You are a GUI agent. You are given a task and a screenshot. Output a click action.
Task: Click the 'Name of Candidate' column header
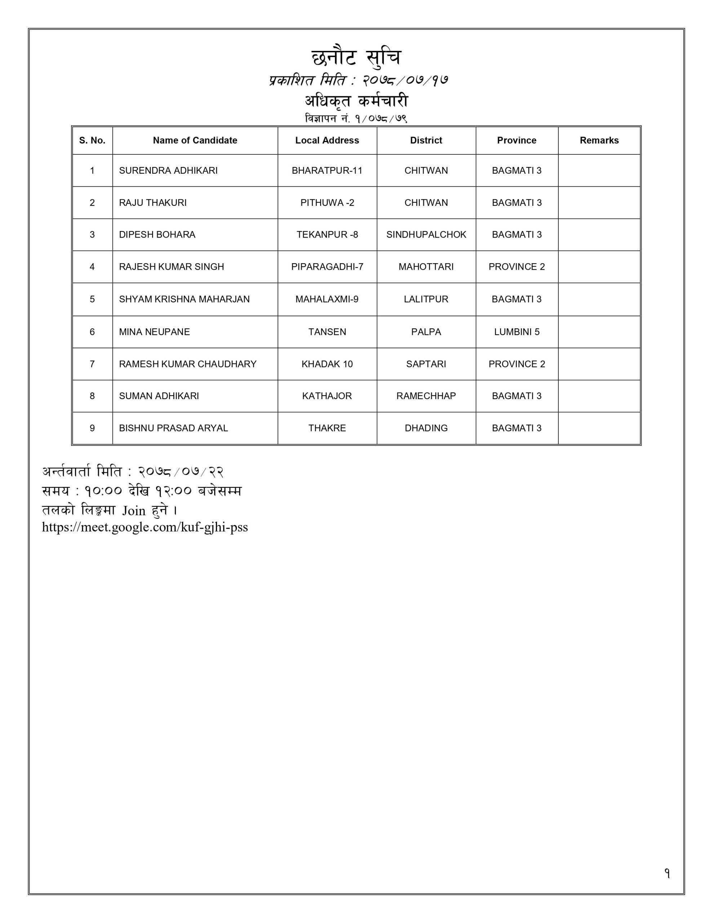point(195,140)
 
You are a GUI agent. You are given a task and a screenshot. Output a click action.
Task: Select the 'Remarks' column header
point(599,140)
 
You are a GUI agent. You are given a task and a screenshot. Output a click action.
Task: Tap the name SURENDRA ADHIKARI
point(168,170)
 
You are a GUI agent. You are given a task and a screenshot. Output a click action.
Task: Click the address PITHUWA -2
point(327,202)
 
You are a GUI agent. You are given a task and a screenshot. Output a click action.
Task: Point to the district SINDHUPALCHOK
point(426,235)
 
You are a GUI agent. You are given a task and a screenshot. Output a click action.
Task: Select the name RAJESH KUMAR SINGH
point(171,267)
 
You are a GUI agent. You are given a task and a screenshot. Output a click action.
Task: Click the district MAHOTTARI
point(426,267)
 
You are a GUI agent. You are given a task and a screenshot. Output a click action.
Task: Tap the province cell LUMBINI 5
point(517,332)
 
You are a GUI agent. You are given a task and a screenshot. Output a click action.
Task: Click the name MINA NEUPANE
point(154,332)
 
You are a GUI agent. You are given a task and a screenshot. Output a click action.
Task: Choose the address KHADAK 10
point(327,364)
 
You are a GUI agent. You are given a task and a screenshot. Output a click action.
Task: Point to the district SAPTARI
point(426,364)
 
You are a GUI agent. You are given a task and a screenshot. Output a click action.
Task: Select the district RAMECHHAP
point(426,396)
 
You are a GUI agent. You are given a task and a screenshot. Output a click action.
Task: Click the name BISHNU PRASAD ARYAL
point(173,428)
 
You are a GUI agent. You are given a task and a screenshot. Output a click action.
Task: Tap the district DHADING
point(426,428)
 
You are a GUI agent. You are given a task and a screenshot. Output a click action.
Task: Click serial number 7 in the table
point(92,364)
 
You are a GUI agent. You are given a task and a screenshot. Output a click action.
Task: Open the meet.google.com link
point(145,527)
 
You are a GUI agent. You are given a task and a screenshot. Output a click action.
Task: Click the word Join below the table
point(134,511)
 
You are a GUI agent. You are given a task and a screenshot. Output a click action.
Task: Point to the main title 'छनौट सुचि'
point(356,58)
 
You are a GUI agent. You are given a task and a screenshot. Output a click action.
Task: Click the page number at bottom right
point(667,874)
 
